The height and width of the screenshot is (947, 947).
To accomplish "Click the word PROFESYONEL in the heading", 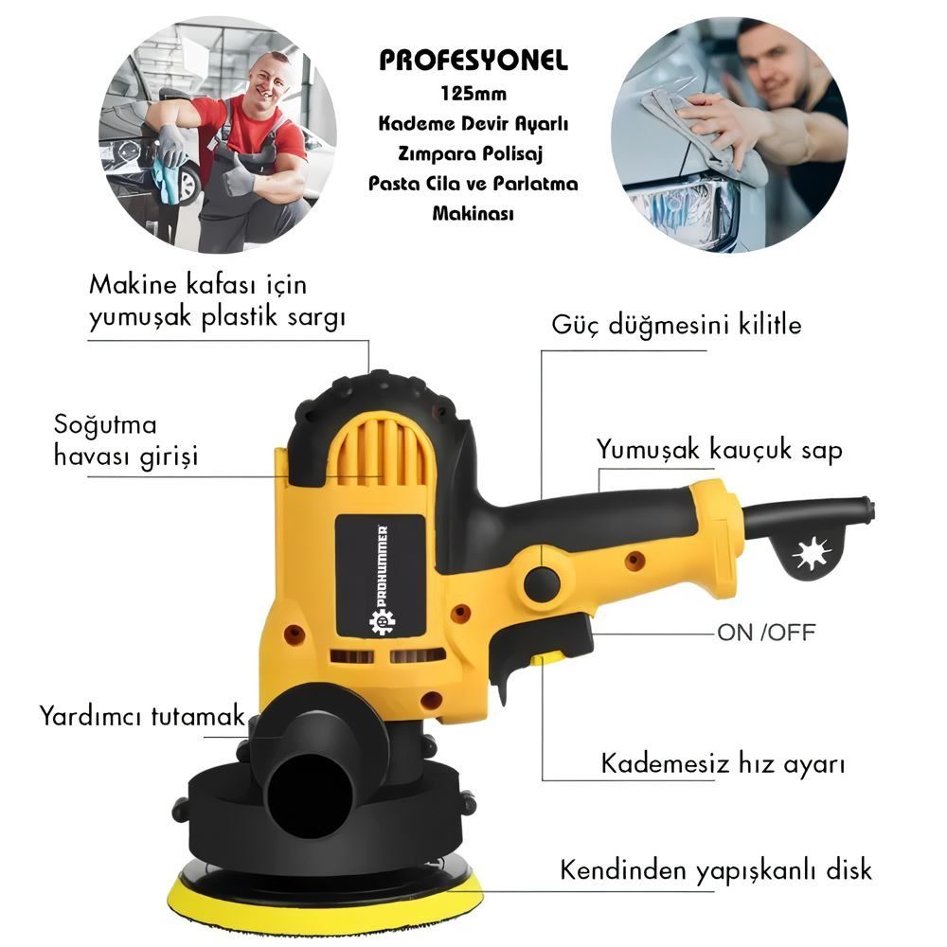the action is click(473, 61).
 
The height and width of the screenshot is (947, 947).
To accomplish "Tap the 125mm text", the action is click(473, 94).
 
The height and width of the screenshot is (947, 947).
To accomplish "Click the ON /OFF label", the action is click(766, 633).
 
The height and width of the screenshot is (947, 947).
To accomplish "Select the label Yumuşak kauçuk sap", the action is click(720, 450).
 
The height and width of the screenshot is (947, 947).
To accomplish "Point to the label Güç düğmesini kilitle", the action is click(676, 325).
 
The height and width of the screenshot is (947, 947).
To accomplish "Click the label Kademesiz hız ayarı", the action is click(723, 764).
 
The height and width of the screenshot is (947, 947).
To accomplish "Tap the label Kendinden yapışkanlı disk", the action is click(716, 870).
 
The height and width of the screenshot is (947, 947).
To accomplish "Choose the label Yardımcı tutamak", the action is click(142, 716).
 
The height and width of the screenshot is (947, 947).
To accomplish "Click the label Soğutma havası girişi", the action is click(126, 440).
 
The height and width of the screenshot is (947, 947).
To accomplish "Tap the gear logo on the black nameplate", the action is click(383, 622).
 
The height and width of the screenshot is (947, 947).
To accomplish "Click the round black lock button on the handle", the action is click(542, 584).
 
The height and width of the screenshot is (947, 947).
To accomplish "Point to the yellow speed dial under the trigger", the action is click(546, 659).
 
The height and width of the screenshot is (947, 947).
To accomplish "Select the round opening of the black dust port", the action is click(310, 795).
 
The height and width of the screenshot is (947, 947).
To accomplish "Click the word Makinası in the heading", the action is click(473, 213).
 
